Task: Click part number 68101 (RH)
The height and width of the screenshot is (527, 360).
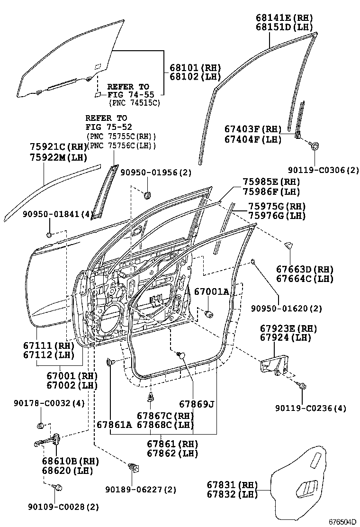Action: point(195,68)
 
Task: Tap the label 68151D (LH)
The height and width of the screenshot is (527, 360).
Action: point(284,27)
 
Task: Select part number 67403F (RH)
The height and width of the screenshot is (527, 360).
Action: point(253,129)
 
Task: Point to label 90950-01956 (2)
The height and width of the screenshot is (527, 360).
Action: point(156,173)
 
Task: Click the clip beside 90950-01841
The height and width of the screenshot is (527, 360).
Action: point(49,234)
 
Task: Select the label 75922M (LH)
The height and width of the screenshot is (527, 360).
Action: point(58,157)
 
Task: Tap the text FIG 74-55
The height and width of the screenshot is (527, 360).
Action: point(131,95)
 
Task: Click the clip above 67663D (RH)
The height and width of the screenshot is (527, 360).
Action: point(288,245)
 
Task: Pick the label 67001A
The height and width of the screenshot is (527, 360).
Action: point(212,291)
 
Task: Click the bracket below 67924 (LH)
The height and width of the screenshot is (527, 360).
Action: point(275,366)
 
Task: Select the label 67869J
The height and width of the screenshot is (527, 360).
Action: point(197,404)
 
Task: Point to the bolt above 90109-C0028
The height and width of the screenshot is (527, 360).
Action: point(57,487)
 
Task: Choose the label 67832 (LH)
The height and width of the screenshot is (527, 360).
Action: point(232,494)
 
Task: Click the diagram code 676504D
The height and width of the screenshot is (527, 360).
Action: point(342,522)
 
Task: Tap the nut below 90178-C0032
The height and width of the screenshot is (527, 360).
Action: point(40,426)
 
